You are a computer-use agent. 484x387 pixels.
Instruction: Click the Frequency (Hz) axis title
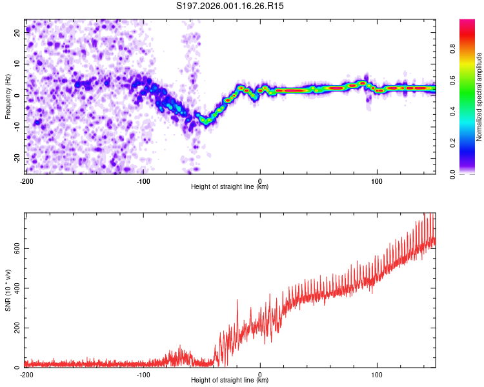(x=8, y=97)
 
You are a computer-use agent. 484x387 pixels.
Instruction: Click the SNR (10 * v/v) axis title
(x=8, y=290)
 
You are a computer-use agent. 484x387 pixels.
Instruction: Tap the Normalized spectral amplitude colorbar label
(x=479, y=97)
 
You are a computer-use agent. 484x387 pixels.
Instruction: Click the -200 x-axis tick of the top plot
(x=26, y=181)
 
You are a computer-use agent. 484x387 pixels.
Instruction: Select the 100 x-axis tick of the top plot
(x=378, y=181)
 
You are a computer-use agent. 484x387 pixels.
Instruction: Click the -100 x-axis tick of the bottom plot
(x=143, y=374)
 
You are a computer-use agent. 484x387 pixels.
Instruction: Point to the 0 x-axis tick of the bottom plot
(x=260, y=374)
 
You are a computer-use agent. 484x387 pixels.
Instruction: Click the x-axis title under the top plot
(x=230, y=187)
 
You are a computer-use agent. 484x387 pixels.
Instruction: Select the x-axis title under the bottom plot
(x=230, y=381)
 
